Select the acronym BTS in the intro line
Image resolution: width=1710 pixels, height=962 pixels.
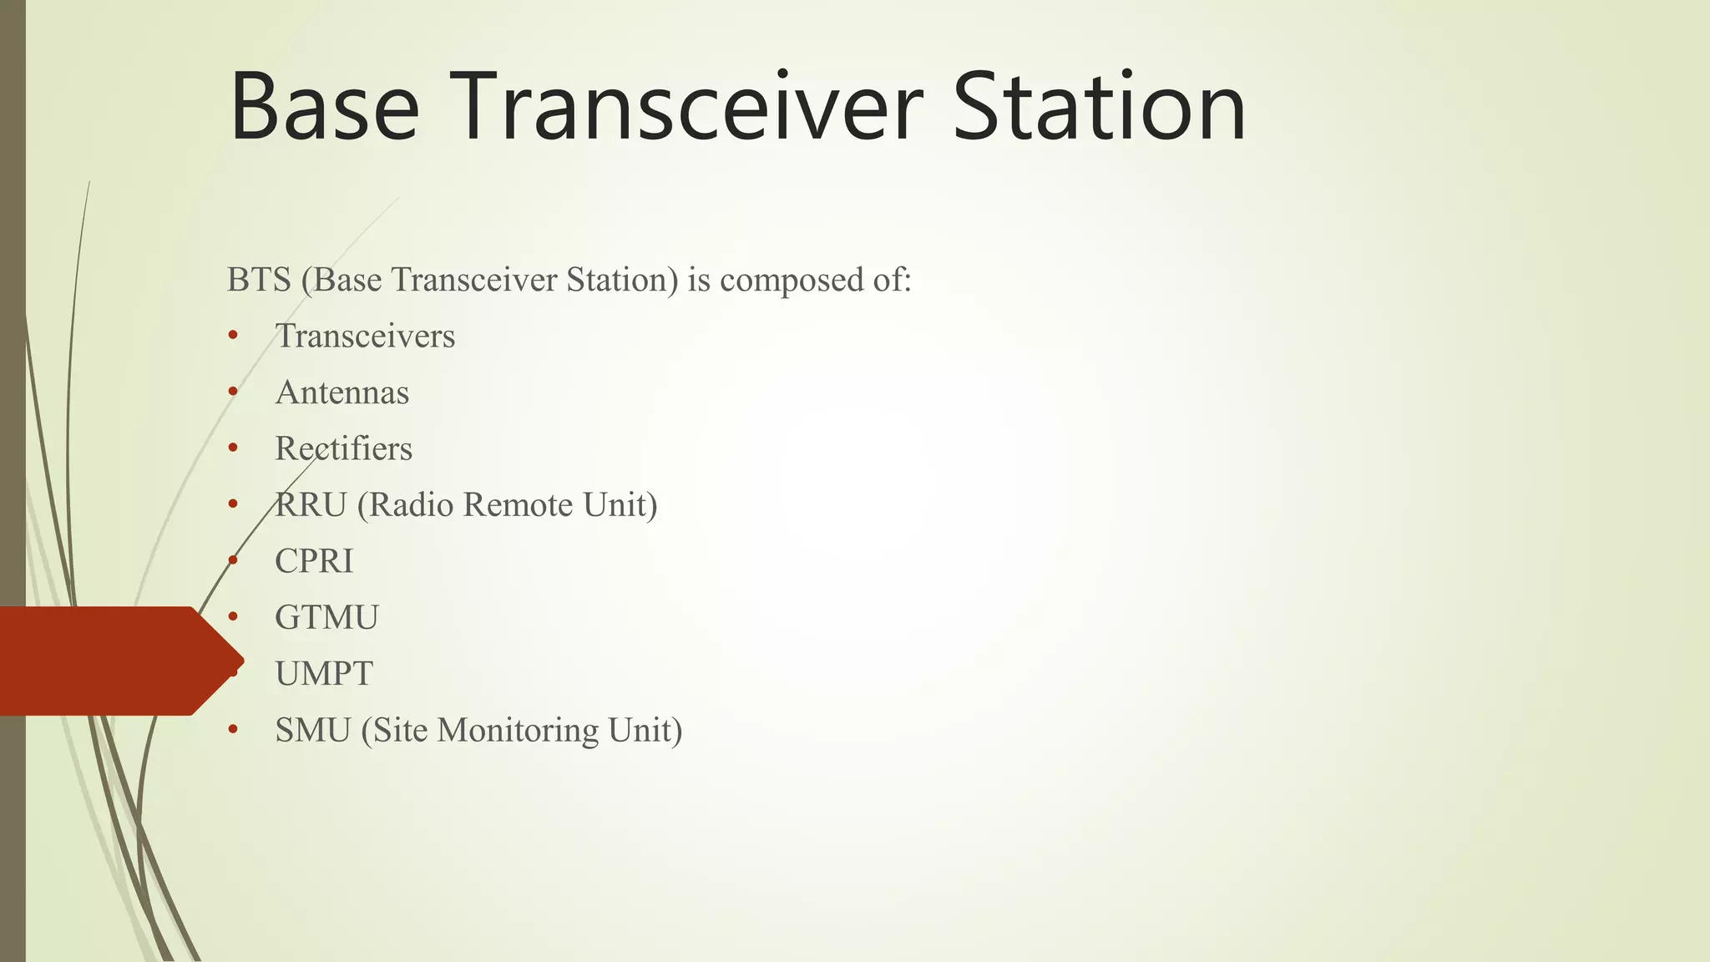pyautogui.click(x=259, y=280)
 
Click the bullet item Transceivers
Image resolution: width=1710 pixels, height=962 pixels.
pyautogui.click(x=365, y=337)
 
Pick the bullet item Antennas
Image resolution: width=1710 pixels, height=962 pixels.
pyautogui.click(x=342, y=392)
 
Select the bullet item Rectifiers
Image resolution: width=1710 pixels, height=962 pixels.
pyautogui.click(x=343, y=449)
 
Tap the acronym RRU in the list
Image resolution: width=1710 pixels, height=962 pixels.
pyautogui.click(x=311, y=505)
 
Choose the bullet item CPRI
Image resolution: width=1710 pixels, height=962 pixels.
pyautogui.click(x=314, y=561)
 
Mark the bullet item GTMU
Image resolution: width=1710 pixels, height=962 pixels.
pyautogui.click(x=326, y=618)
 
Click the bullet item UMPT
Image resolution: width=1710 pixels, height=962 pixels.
pyautogui.click(x=324, y=674)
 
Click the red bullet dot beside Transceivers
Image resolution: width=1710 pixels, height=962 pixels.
pyautogui.click(x=233, y=337)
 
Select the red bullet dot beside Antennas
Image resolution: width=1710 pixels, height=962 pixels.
pyautogui.click(x=233, y=392)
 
